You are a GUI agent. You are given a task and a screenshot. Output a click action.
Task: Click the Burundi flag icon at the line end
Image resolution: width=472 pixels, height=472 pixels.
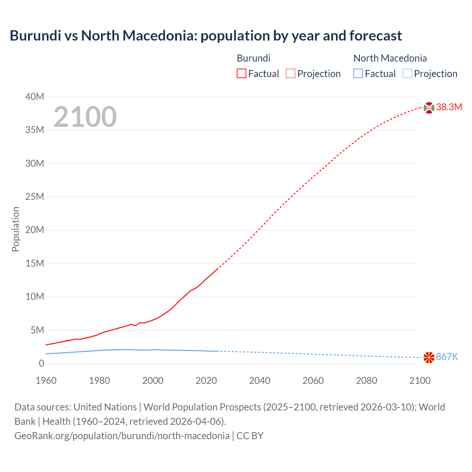click(x=429, y=108)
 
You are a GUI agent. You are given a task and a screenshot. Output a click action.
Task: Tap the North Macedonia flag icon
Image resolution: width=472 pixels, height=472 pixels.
click(x=429, y=357)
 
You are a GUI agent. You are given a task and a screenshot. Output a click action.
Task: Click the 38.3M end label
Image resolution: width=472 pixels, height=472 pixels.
click(x=449, y=107)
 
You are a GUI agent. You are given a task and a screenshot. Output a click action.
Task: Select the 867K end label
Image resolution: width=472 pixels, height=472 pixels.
click(x=447, y=357)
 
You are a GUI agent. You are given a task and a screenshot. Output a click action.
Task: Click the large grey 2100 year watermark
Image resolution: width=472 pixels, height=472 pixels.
click(x=85, y=117)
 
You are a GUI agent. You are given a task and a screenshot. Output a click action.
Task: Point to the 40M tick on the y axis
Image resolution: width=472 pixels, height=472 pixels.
click(x=35, y=97)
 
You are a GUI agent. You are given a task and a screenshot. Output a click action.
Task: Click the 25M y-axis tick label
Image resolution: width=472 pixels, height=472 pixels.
click(x=35, y=197)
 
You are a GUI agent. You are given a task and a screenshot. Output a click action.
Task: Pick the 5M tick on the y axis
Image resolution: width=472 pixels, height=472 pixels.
click(x=37, y=330)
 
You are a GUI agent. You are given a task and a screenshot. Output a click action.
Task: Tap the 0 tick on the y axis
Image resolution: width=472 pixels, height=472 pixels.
click(x=41, y=364)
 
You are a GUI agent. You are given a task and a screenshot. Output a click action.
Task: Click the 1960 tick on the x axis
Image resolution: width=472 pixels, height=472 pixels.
click(x=46, y=381)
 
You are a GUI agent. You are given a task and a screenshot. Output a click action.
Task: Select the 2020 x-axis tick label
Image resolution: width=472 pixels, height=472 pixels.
click(x=206, y=381)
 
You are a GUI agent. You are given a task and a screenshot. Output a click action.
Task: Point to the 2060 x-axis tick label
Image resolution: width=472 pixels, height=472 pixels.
click(x=313, y=381)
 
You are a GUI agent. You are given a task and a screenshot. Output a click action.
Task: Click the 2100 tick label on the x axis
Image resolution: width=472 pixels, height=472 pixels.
click(x=420, y=381)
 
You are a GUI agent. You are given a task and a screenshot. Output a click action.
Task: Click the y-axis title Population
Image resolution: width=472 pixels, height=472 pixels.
click(x=15, y=229)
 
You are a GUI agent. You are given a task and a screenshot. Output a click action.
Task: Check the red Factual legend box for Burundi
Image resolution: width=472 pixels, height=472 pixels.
click(x=242, y=74)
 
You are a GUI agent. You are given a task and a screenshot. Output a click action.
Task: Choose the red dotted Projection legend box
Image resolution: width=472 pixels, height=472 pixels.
click(x=291, y=74)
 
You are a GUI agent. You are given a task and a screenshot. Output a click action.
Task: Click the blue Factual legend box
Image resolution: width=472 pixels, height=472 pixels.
click(x=358, y=74)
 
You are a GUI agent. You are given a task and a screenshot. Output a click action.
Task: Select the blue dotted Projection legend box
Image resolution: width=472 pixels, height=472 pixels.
click(x=407, y=74)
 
